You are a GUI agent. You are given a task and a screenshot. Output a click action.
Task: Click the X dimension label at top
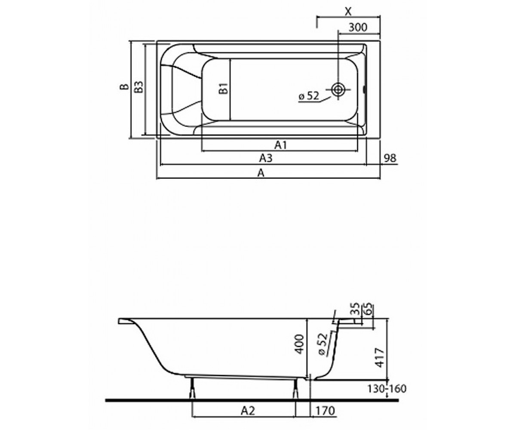348,11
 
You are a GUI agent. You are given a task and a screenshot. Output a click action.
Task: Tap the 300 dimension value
358,27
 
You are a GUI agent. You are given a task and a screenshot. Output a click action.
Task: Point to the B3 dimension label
139,87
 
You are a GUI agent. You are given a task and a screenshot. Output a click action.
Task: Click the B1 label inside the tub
224,88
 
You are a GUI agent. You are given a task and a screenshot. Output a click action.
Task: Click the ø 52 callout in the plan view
309,95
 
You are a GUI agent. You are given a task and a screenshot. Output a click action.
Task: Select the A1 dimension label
281,145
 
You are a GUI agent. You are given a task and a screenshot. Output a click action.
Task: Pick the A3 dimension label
266,158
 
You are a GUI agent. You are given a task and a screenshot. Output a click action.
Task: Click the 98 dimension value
390,158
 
